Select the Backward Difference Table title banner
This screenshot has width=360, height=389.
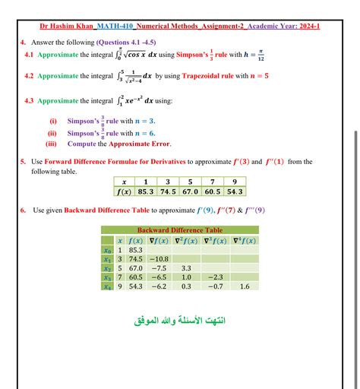(179, 229)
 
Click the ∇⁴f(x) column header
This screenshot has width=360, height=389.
(244, 240)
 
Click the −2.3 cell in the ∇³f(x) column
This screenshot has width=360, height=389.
(216, 277)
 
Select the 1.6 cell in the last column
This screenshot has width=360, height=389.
(244, 287)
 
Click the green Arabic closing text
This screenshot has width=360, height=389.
(180, 320)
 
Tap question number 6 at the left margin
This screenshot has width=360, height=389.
(24, 210)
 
